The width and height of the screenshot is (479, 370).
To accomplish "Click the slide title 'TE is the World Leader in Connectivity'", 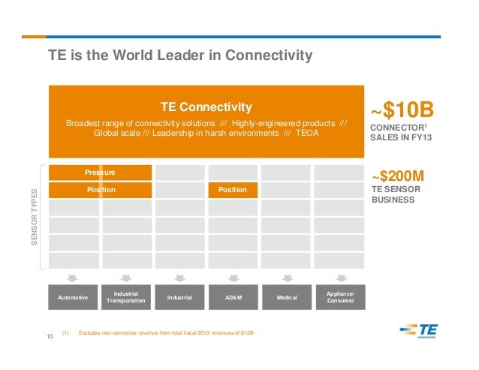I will click(x=180, y=56).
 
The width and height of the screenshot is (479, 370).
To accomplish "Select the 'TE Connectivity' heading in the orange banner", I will click(x=206, y=107).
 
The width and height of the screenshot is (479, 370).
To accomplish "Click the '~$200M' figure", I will click(x=398, y=176).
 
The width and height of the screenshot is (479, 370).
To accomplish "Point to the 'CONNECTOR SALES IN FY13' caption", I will click(x=402, y=133).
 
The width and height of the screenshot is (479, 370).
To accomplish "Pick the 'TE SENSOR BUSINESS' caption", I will click(x=396, y=195).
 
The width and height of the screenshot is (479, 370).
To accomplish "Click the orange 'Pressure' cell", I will click(x=100, y=173).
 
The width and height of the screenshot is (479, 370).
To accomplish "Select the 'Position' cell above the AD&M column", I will click(x=232, y=190).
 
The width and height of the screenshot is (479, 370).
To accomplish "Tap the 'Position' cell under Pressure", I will click(x=100, y=190).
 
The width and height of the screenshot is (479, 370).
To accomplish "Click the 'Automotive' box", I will click(x=73, y=298).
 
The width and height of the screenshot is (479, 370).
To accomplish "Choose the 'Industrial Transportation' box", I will click(x=126, y=298).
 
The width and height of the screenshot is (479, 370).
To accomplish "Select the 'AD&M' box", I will click(x=233, y=298).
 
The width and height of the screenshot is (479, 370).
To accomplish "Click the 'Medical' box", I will click(x=286, y=298).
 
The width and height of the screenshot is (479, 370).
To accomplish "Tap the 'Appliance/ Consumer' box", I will click(x=339, y=298).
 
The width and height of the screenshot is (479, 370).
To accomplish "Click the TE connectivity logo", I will click(x=419, y=330).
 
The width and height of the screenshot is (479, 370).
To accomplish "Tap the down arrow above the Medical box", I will click(x=286, y=277).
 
